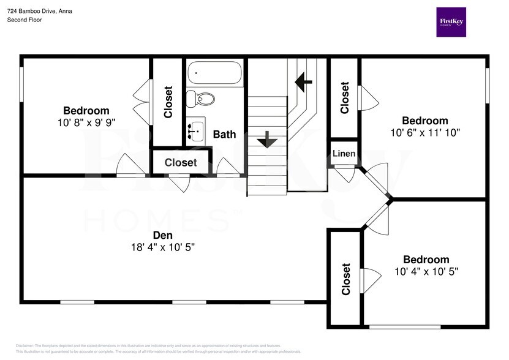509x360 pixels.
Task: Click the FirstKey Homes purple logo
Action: click(x=451, y=22)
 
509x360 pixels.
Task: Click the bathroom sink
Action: click(x=197, y=130)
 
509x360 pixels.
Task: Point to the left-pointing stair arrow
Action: click(x=303, y=80)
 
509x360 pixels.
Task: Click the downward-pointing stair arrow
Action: click(x=266, y=140)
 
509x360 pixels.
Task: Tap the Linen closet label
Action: click(x=344, y=153)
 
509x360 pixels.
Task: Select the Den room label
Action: click(x=162, y=235)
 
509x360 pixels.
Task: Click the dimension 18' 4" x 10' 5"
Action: click(x=162, y=247)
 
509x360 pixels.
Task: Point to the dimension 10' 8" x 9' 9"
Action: click(x=86, y=122)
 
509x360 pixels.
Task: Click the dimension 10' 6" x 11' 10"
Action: click(x=424, y=132)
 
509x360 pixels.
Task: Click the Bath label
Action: click(x=224, y=133)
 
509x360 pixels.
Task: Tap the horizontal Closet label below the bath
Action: click(x=181, y=163)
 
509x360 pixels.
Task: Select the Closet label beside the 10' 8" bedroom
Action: click(x=168, y=102)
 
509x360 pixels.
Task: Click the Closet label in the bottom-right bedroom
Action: click(x=346, y=279)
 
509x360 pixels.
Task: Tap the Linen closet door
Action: click(x=345, y=176)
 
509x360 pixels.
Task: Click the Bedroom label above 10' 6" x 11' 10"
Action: click(x=424, y=121)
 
